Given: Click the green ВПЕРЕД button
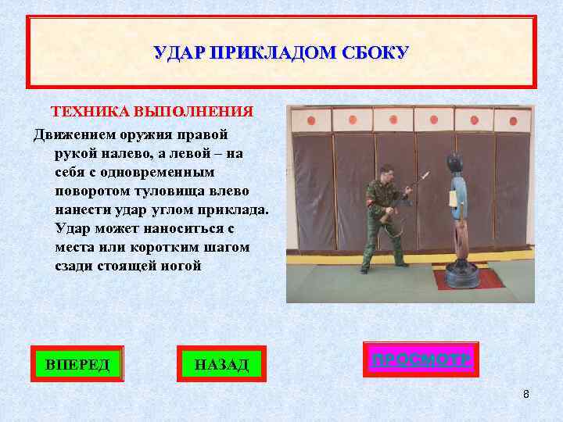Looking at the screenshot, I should click(77, 364).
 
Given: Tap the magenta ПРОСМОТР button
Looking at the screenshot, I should click(421, 360).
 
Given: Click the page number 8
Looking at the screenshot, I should click(526, 394).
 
